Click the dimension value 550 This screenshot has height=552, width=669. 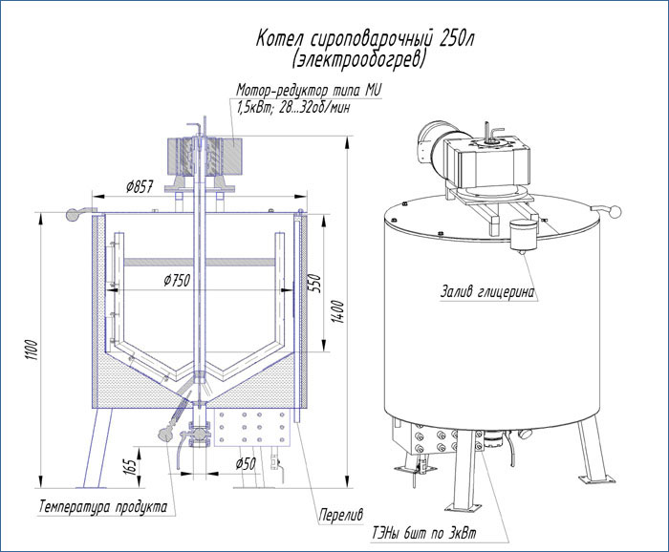[x=313, y=284]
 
